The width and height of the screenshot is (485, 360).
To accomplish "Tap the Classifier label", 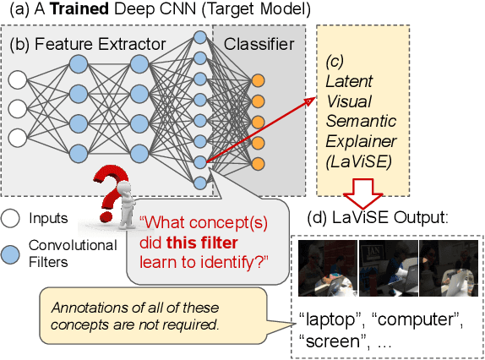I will pyautogui.click(x=258, y=43).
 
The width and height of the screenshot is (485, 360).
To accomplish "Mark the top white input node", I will pyautogui.click(x=16, y=81).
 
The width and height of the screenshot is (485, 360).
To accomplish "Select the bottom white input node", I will pyautogui.click(x=16, y=137).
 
